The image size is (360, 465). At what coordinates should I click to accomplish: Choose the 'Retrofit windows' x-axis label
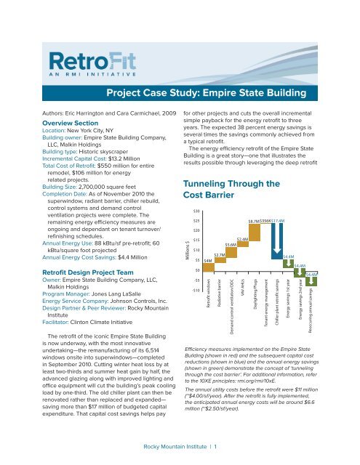point(208,294)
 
